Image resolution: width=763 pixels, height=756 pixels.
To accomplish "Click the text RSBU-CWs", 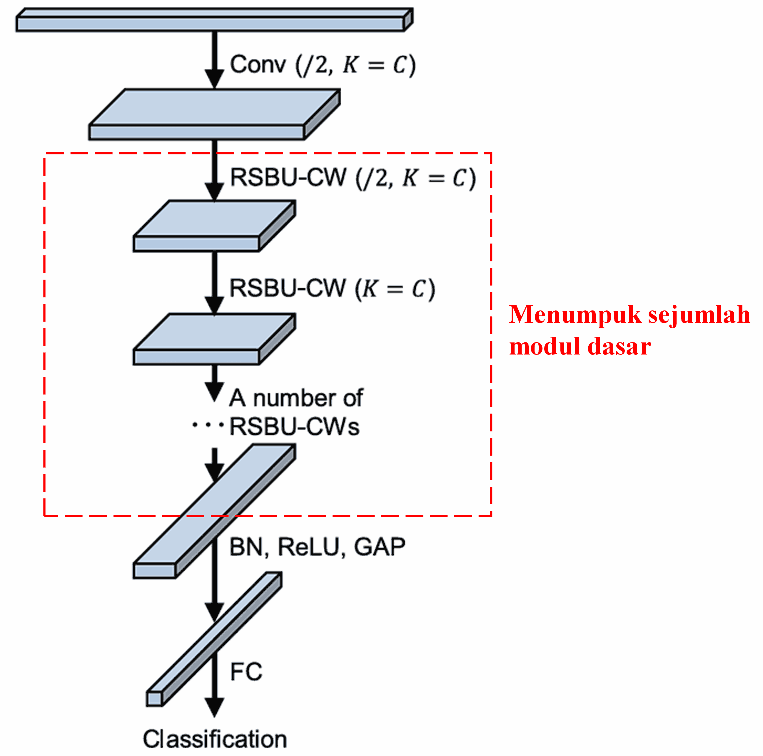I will pos(294,426).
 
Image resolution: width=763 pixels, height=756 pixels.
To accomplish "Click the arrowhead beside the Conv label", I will pos(214,79).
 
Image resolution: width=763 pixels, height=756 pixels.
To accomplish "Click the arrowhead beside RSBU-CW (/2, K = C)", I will pos(214,192).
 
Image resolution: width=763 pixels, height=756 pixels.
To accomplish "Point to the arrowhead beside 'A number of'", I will pos(214,392).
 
